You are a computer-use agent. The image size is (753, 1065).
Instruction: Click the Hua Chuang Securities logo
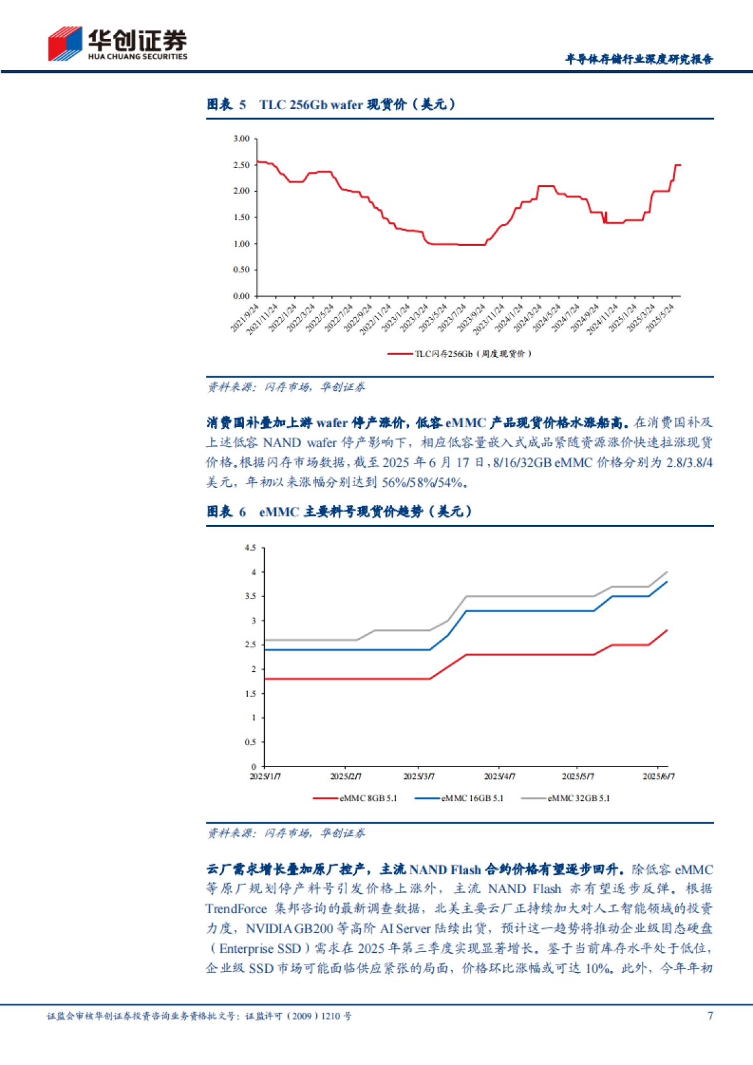tap(117, 44)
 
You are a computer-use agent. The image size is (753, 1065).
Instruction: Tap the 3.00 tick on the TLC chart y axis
tap(242, 139)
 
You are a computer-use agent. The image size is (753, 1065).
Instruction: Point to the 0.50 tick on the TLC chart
tap(242, 270)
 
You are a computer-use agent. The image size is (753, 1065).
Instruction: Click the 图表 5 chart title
tap(331, 105)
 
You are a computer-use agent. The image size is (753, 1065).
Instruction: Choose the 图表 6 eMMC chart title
tap(339, 512)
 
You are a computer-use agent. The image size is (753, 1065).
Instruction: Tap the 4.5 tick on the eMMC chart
tap(250, 548)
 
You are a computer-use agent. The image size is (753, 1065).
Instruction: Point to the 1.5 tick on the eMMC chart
tap(250, 694)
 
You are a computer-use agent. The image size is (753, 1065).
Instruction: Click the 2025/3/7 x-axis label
tap(419, 776)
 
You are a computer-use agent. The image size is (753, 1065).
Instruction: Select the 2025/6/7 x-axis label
tap(658, 776)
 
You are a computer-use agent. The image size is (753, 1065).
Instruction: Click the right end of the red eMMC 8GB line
tap(666, 630)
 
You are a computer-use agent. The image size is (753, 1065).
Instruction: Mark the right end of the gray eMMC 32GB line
tap(666, 572)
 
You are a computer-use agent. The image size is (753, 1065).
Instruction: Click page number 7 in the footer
tap(710, 1015)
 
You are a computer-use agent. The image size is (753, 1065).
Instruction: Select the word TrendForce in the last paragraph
tap(236, 909)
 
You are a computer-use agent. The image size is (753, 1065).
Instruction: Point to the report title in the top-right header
tap(639, 59)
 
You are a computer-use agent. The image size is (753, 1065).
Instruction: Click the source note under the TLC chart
tap(286, 387)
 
